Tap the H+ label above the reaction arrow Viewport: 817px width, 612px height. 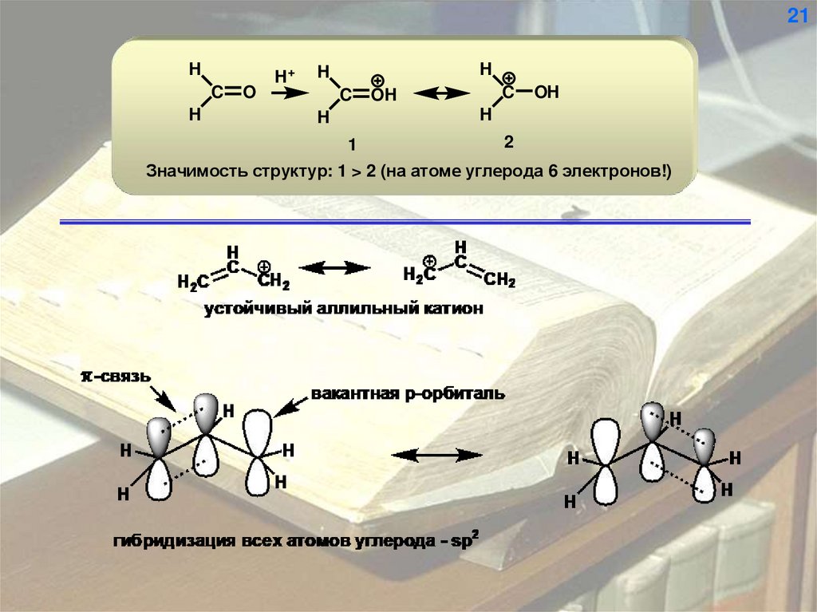[284, 76]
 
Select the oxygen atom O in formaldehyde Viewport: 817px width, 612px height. [249, 93]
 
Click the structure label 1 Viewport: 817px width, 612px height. [351, 145]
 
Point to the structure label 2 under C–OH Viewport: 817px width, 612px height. [507, 142]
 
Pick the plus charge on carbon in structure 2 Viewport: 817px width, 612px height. [508, 77]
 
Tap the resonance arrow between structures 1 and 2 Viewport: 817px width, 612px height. [442, 93]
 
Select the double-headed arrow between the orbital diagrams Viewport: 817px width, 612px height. [437, 456]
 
